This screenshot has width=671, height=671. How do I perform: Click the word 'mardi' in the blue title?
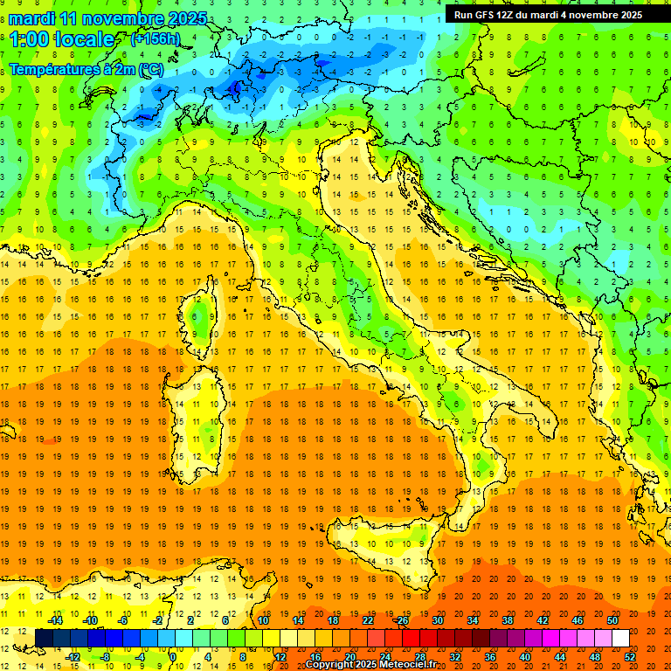[32, 18]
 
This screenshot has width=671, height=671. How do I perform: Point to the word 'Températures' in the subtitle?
[53, 69]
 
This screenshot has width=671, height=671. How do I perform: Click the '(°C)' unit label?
[146, 69]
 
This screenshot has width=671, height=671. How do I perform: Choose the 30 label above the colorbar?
[438, 620]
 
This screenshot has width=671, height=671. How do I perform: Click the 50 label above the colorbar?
[612, 620]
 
